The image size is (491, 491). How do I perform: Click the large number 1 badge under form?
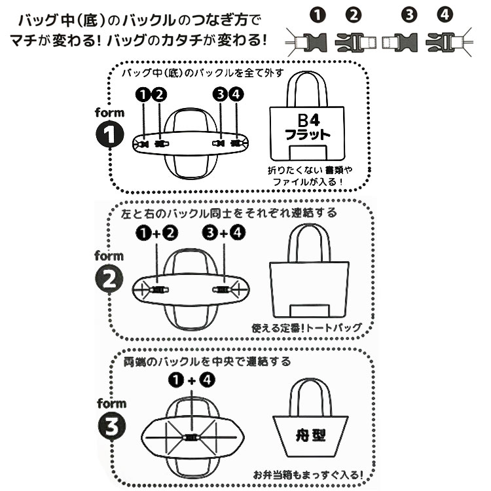click(x=111, y=134)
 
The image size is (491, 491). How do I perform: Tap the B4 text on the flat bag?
click(x=307, y=121)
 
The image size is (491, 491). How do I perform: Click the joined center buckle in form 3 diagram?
click(x=191, y=439)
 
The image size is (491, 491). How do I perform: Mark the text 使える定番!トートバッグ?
click(x=306, y=327)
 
